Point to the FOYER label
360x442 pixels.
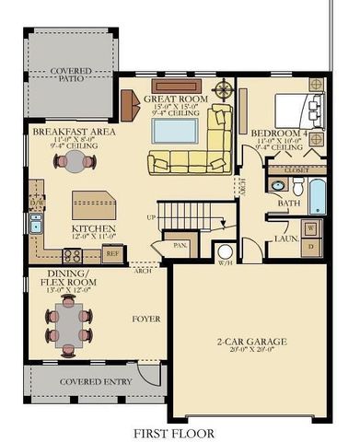coord(145,320)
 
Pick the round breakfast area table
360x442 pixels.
coord(73,161)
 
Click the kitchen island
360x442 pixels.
coord(93,203)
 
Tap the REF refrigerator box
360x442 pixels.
coord(112,252)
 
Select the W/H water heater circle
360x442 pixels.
coord(225,253)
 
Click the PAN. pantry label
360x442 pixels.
coord(180,246)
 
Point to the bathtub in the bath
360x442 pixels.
coord(317,196)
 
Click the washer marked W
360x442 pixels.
coord(310,227)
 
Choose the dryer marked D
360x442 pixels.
coord(310,246)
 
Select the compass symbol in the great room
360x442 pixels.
coord(223,90)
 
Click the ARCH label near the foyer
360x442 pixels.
coord(142,272)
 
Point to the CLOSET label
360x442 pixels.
coord(295,169)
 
